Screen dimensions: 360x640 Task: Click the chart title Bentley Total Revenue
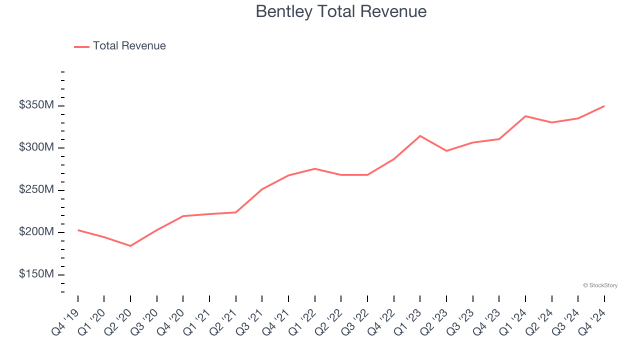341,11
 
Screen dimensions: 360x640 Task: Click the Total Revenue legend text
129,46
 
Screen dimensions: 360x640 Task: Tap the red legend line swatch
81,46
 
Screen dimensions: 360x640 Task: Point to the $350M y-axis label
36,105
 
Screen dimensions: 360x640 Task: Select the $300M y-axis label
36,147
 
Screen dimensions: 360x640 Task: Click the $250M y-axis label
36,190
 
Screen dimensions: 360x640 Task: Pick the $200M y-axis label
36,232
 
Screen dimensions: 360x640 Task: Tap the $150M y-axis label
36,274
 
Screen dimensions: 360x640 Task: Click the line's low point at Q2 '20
130,246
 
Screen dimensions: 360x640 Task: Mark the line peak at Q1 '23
420,136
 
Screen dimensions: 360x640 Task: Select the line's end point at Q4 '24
604,106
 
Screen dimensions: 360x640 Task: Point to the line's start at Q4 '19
78,230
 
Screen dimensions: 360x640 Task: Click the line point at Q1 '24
525,116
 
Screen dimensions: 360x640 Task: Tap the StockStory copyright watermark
600,285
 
